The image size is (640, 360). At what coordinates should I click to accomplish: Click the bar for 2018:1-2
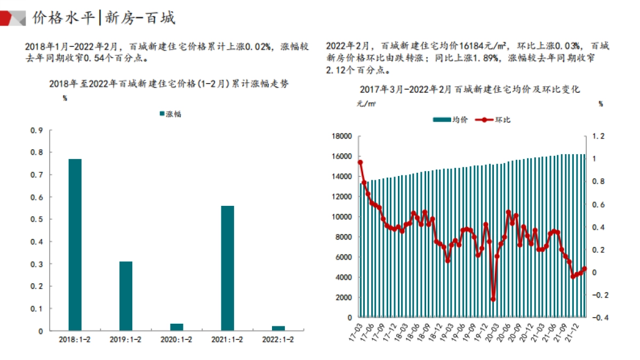click(75, 245)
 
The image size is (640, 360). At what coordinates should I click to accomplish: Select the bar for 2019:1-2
click(125, 296)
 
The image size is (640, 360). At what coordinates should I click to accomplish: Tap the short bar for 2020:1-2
click(177, 326)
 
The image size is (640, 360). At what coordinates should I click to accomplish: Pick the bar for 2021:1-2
click(227, 268)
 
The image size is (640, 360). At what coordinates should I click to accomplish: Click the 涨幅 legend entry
click(170, 114)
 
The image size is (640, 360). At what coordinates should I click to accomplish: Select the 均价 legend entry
click(451, 120)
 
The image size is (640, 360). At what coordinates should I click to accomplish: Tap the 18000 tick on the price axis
click(341, 137)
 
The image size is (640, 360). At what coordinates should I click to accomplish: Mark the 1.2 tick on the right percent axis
click(599, 137)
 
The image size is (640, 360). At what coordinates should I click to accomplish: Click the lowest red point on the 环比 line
click(493, 299)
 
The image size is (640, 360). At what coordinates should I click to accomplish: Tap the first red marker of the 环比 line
click(360, 162)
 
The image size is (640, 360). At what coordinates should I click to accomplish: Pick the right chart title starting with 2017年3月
click(469, 90)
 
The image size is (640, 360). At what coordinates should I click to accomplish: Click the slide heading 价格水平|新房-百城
click(104, 18)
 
